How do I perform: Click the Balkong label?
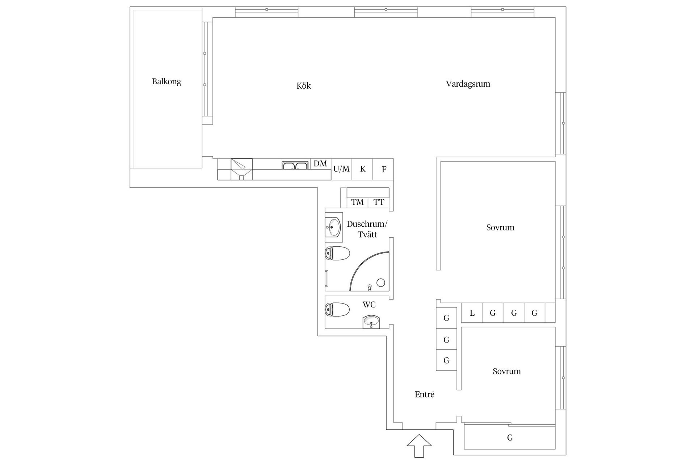click(167, 81)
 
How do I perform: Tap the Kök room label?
click(304, 86)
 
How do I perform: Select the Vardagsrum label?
click(468, 84)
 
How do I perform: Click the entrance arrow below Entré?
click(419, 446)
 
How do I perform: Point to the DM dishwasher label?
click(320, 164)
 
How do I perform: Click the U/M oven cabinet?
click(342, 169)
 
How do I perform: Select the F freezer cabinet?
click(383, 169)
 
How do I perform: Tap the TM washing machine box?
click(358, 203)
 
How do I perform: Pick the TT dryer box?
click(379, 203)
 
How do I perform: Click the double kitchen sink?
click(295, 165)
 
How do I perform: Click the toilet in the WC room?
click(337, 310)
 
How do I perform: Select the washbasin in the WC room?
click(371, 322)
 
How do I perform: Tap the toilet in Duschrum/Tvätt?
click(337, 253)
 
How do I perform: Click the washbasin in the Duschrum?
click(333, 228)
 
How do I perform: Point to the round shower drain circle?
click(381, 283)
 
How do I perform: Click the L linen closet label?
click(472, 313)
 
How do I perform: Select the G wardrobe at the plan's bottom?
click(510, 438)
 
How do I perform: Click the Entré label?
click(425, 394)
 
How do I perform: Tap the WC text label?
click(369, 305)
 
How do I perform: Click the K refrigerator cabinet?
click(362, 169)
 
